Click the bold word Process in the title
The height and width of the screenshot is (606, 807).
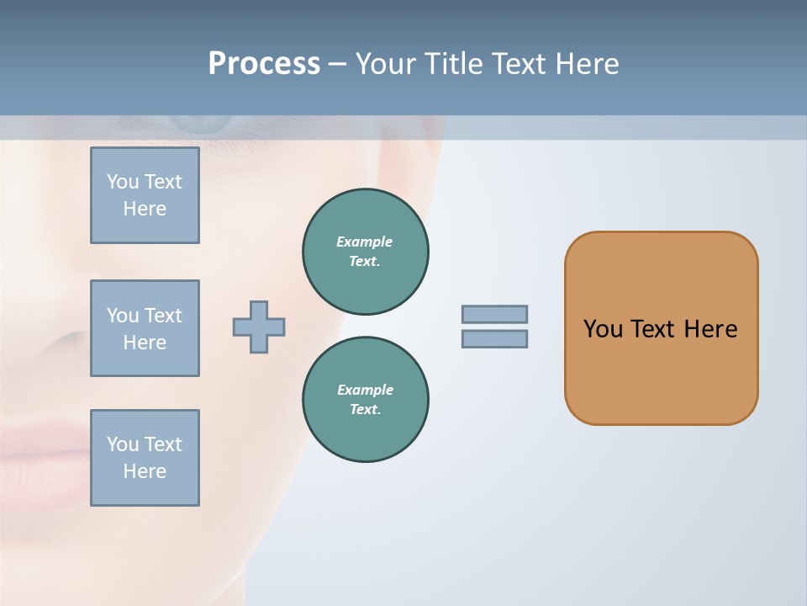tap(264, 64)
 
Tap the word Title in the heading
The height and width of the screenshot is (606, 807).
tap(455, 64)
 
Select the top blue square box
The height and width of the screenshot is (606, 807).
tap(145, 195)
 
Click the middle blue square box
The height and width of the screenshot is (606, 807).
tap(145, 328)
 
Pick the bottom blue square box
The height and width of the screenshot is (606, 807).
tap(145, 458)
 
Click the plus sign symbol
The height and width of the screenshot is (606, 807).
tap(259, 327)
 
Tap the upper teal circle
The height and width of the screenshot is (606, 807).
tap(365, 251)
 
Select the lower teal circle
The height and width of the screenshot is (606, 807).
tap(365, 399)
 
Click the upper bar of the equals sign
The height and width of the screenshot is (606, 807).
tap(494, 314)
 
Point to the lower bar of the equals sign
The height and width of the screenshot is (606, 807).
tap(494, 338)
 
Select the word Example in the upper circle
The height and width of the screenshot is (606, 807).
tap(365, 242)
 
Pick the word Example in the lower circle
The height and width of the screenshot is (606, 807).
tap(365, 390)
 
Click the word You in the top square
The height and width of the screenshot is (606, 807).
tap(123, 182)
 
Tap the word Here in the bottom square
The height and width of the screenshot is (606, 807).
tap(145, 471)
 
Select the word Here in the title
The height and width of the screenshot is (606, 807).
tap(588, 64)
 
